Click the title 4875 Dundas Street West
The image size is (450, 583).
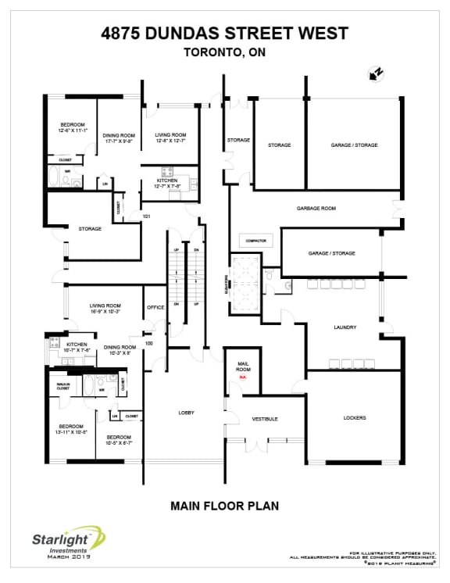pyautogui.click(x=225, y=33)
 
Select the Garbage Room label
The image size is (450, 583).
pyautogui.click(x=316, y=209)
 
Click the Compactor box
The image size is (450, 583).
pyautogui.click(x=256, y=241)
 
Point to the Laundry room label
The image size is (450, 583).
pyautogui.click(x=345, y=327)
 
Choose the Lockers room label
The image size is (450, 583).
pyautogui.click(x=354, y=417)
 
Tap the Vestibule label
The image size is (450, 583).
pyautogui.click(x=265, y=419)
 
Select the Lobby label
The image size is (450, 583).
pyautogui.click(x=186, y=413)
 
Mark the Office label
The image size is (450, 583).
pyautogui.click(x=155, y=307)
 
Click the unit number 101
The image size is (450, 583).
pyautogui.click(x=146, y=216)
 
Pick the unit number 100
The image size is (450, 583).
pyautogui.click(x=148, y=343)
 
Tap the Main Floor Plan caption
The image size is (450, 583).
pyautogui.click(x=224, y=506)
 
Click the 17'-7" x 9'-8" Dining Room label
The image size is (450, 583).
pyautogui.click(x=119, y=138)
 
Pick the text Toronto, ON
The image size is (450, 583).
pyautogui.click(x=225, y=53)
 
